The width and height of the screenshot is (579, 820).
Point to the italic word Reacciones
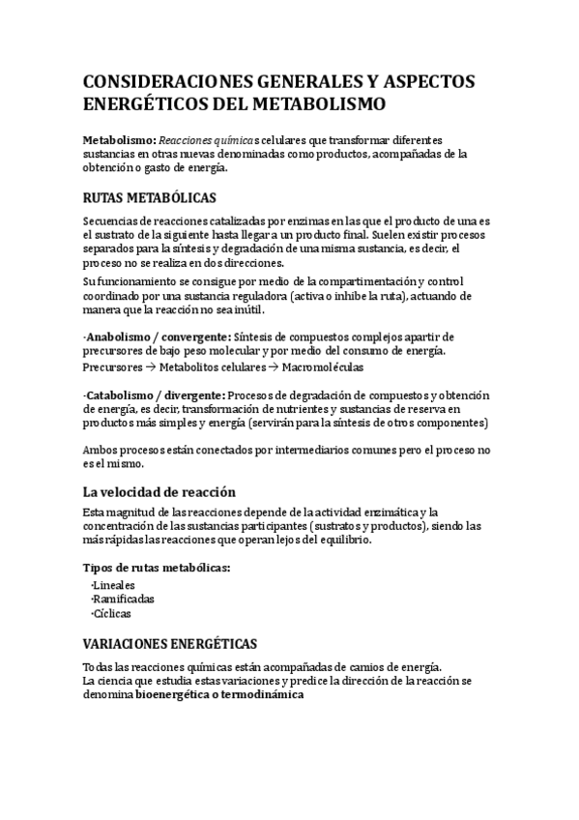189,139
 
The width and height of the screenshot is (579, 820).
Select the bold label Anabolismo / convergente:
156,337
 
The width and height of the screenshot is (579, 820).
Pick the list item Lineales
114,585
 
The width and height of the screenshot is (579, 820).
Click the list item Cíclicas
111,613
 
